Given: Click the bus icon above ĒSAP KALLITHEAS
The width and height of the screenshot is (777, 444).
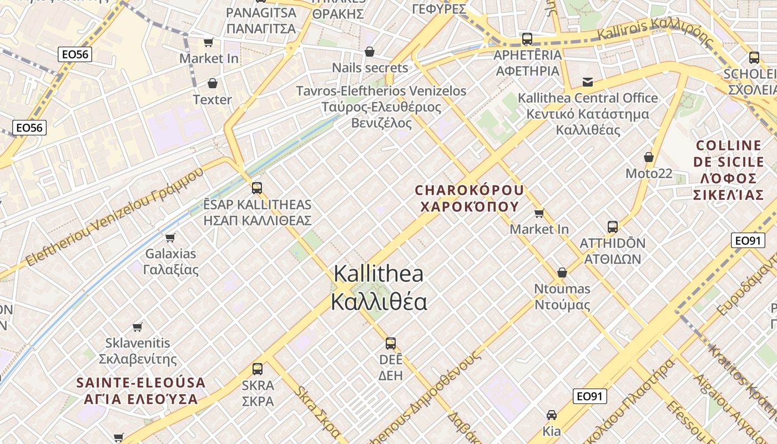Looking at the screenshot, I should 256,188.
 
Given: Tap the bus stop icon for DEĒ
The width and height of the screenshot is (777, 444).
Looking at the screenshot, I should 391,343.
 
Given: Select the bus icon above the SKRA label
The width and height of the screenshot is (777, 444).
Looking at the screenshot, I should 258,369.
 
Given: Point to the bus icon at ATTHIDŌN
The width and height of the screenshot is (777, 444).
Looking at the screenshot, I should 613,226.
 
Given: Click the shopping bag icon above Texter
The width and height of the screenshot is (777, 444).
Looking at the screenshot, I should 212,83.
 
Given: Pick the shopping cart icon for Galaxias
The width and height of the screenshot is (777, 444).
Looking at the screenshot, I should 170,238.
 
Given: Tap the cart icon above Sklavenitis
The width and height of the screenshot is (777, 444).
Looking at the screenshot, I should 138,327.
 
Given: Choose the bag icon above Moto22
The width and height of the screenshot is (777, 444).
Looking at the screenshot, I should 648,157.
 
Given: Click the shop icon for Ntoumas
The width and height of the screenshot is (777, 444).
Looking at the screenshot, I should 562,273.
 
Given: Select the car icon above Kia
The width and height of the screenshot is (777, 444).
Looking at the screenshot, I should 552,415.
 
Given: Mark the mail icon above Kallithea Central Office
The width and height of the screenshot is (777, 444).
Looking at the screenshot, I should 588,82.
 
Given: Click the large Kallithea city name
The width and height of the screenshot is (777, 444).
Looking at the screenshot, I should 380,287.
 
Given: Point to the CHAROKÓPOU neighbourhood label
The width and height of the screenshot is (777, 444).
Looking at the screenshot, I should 470,198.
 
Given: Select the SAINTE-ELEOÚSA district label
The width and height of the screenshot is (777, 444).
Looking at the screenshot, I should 140,391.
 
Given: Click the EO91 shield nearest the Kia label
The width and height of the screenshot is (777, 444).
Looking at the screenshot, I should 590,396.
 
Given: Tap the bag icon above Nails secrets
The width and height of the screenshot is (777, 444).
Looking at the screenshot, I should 370,52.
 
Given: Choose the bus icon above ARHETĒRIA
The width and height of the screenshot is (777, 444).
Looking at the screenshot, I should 527,39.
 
